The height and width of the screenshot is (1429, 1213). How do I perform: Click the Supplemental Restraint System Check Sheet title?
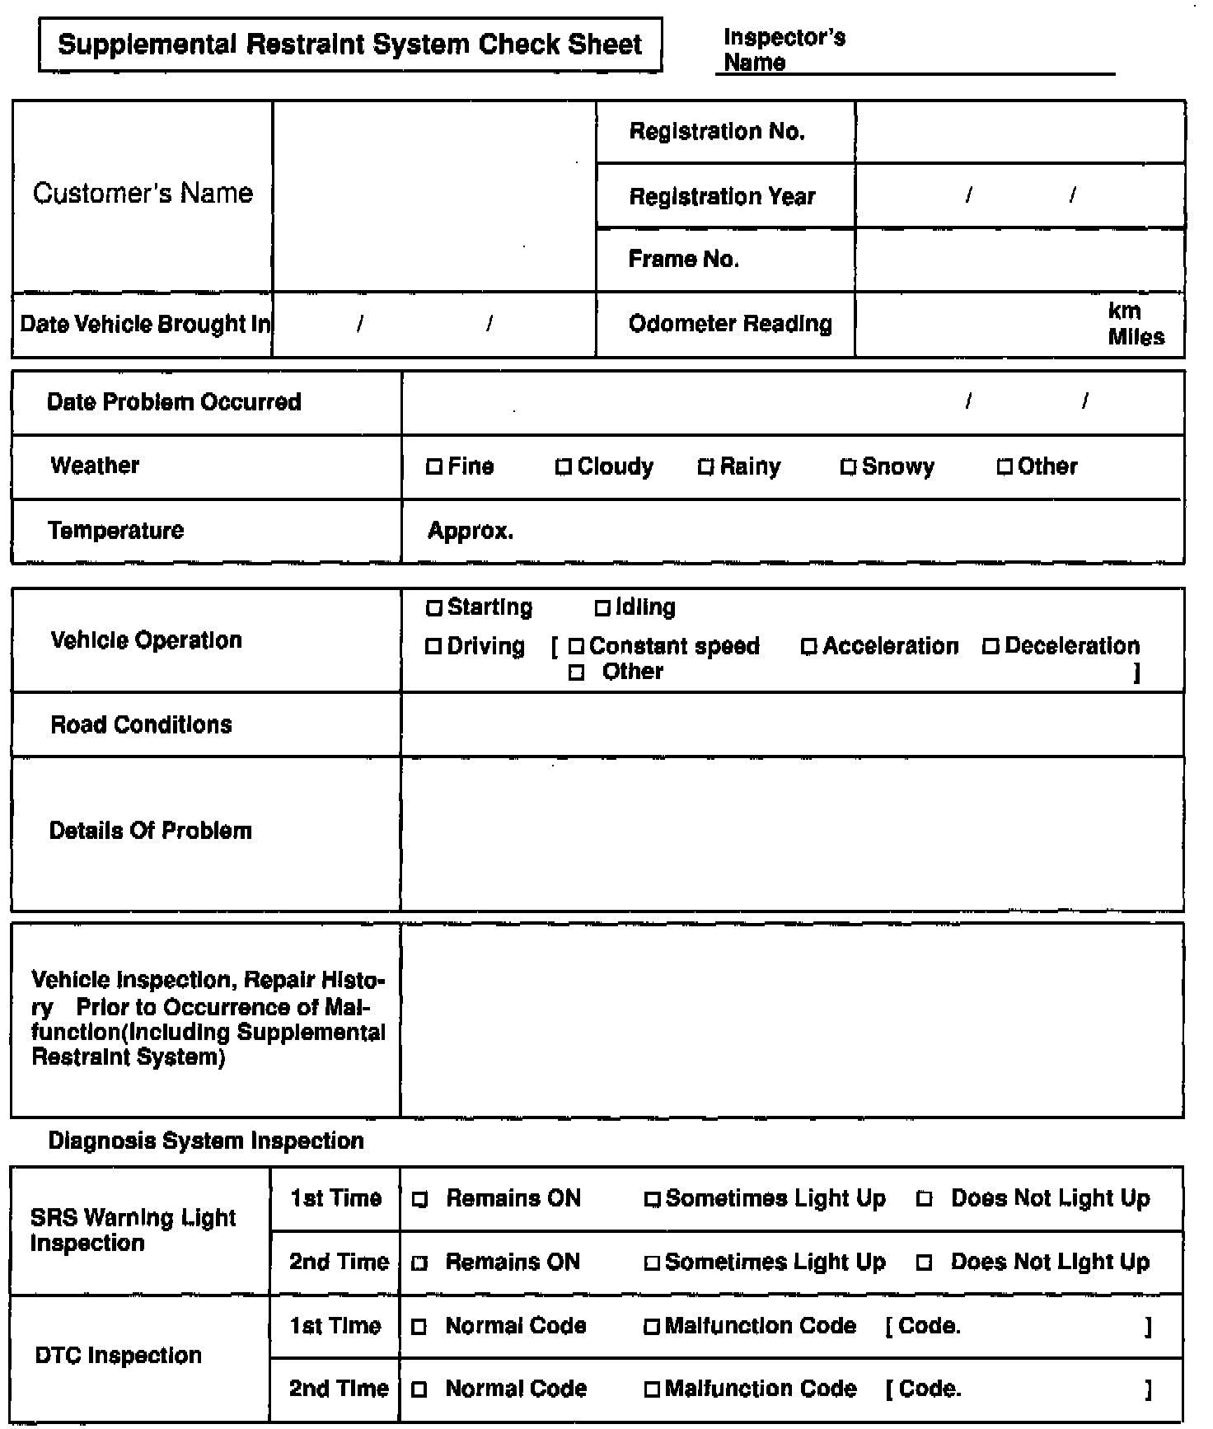(349, 44)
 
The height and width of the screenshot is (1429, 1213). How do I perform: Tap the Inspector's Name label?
(784, 49)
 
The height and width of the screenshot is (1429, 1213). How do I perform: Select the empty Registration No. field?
(1019, 132)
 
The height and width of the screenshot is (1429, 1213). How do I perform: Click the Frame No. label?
(683, 260)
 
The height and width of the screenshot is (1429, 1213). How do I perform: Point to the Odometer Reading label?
(729, 324)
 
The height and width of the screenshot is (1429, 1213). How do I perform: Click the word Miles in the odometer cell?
(1136, 337)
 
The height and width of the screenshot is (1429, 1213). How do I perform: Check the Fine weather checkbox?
(434, 467)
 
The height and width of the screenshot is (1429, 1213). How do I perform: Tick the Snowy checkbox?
(848, 467)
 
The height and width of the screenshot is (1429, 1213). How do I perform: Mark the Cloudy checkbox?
(564, 467)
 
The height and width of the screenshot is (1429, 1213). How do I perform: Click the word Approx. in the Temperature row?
(471, 531)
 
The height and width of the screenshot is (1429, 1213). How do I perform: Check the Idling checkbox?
(602, 608)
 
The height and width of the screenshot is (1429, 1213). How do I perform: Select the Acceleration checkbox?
(809, 647)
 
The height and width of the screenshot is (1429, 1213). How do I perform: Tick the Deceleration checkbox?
(991, 647)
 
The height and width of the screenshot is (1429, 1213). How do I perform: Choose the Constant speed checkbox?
(577, 647)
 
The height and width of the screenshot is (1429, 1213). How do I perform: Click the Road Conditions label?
(141, 724)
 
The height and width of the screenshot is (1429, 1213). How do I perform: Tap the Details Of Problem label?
(150, 831)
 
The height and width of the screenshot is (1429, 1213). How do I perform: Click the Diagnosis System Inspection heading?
(206, 1141)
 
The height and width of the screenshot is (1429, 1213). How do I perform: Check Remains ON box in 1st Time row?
(420, 1200)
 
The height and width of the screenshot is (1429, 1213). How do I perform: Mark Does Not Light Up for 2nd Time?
(925, 1263)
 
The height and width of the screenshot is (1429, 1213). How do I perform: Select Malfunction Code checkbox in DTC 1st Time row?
(652, 1327)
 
